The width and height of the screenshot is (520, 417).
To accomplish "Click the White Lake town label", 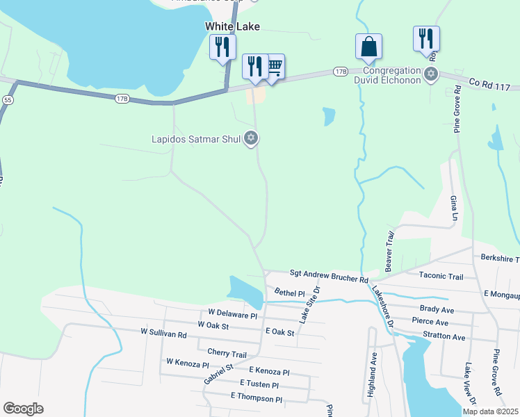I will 232,26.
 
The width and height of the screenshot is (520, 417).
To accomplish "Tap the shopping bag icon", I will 368,47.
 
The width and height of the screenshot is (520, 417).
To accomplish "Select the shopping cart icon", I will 274,67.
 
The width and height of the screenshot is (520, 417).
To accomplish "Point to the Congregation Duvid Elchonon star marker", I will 431,73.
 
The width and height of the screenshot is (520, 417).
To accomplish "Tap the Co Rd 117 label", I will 489,83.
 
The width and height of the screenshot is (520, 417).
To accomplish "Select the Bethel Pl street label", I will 289,293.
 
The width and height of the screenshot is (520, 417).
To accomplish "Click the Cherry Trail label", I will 227,354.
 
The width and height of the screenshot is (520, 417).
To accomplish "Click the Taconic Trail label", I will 441,276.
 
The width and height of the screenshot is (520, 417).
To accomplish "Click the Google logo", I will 23,408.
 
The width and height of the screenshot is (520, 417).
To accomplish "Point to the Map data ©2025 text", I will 490,411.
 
